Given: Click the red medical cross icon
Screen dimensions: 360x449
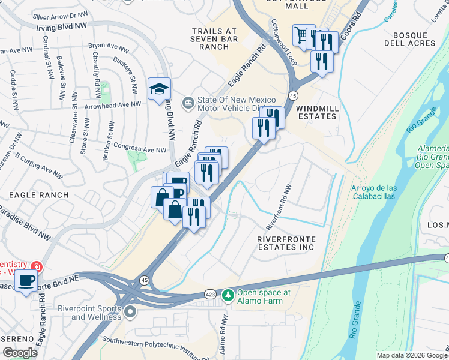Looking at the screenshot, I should [37, 265].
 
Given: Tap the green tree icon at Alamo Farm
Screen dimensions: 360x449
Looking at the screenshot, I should [228, 295].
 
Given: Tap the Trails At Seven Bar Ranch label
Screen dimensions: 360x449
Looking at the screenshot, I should [215, 39].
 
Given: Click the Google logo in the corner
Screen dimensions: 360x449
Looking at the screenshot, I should [20, 353].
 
